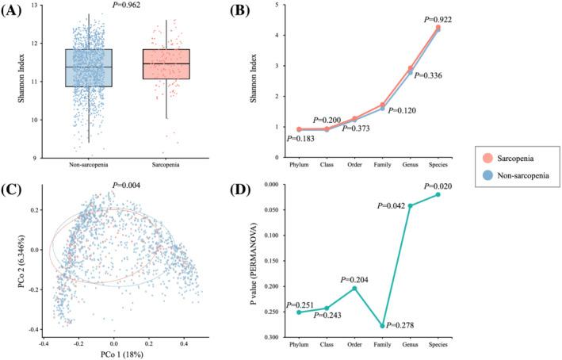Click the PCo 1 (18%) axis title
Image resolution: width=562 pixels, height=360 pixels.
pyautogui.click(x=113, y=354)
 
